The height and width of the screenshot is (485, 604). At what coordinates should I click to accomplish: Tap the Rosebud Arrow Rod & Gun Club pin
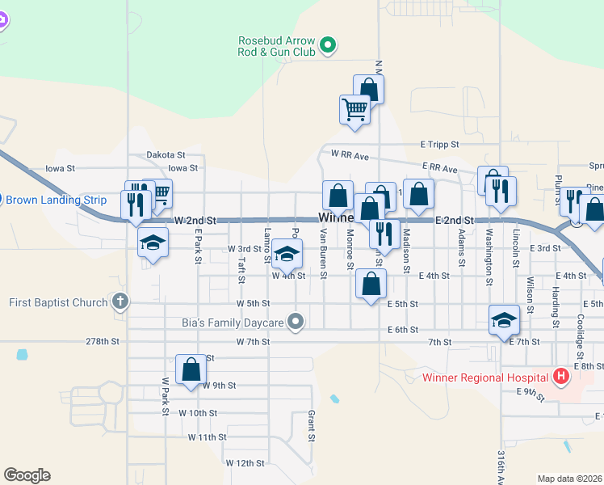point(328,46)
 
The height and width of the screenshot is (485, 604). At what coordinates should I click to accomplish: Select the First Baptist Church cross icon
point(120,302)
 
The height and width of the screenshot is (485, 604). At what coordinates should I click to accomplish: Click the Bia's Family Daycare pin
point(296,323)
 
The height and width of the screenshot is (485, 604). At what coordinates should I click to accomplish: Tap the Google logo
point(27,475)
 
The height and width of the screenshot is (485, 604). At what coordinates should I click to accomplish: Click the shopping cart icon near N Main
point(355,108)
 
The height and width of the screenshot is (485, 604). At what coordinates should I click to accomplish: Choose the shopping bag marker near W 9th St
point(191,369)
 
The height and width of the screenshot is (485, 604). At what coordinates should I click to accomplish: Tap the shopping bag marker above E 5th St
point(371,284)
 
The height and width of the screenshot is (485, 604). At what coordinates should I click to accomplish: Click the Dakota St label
point(166,154)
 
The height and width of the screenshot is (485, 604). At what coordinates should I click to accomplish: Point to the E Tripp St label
point(439,144)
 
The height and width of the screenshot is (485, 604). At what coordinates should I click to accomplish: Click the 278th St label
point(103,342)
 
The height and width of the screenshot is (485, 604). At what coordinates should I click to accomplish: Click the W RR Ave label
point(349,154)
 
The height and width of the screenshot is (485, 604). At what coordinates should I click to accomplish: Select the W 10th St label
point(199,413)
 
